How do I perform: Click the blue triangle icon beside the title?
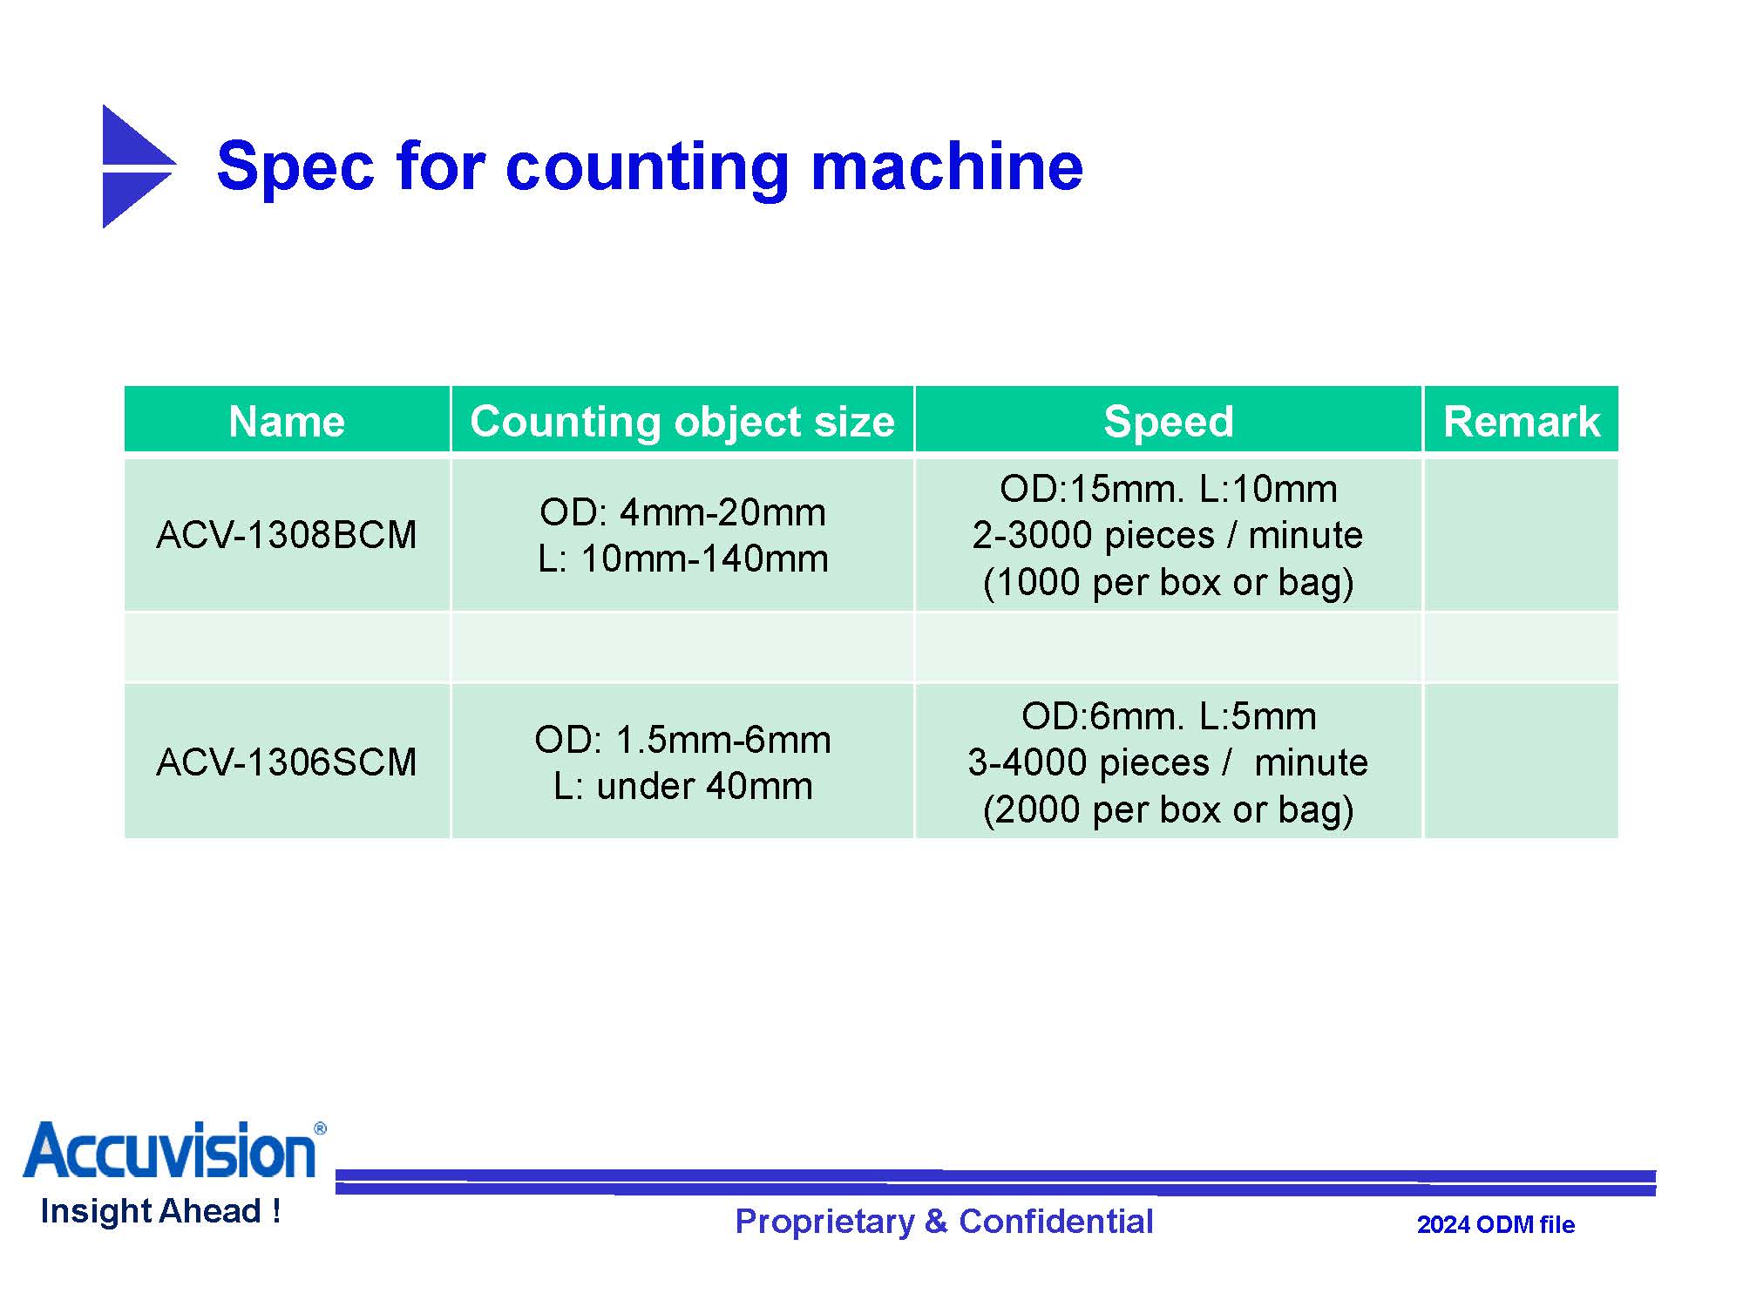click(x=135, y=166)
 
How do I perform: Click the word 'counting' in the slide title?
click(x=648, y=167)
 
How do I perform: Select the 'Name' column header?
click(x=287, y=422)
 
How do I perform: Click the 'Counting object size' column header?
click(x=682, y=422)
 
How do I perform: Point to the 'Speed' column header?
click(x=1169, y=422)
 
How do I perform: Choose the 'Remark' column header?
click(x=1522, y=422)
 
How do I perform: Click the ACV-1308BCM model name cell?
click(x=287, y=535)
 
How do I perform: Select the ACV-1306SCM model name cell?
click(x=287, y=762)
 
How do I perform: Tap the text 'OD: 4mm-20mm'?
click(x=682, y=512)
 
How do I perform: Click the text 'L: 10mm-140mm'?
click(x=682, y=559)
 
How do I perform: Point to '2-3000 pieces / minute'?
click(x=1168, y=535)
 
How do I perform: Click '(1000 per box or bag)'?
click(x=1168, y=582)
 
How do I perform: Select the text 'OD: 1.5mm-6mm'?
click(x=682, y=740)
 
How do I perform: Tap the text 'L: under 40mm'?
click(x=682, y=786)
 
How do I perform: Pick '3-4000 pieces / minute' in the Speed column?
click(x=1168, y=762)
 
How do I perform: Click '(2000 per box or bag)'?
click(x=1168, y=809)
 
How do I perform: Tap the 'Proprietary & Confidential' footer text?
click(x=944, y=1222)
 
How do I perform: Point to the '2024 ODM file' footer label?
click(x=1495, y=1225)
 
